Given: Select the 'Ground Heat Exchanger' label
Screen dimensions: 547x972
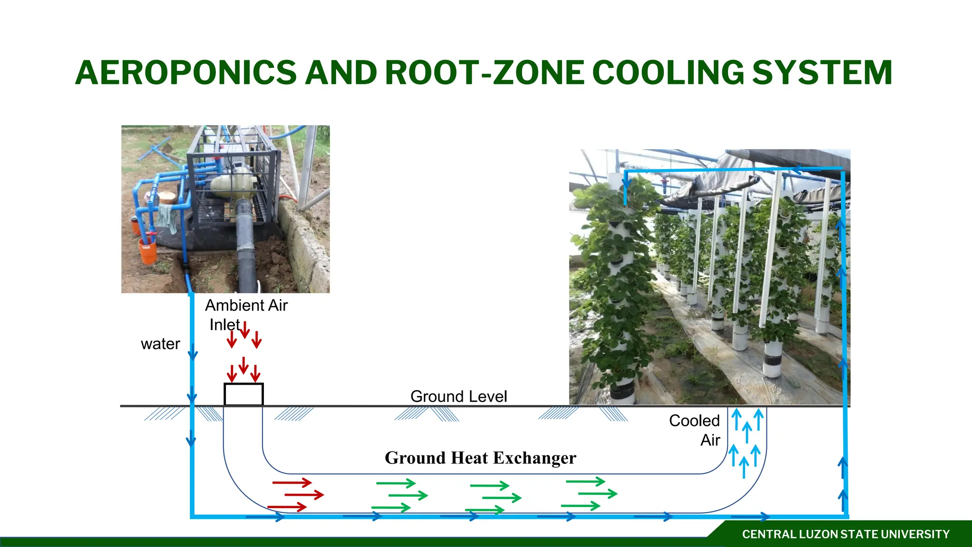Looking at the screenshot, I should point(480,458).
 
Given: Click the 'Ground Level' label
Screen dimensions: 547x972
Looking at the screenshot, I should point(458,396).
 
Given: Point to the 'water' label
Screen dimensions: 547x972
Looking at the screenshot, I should point(160,344).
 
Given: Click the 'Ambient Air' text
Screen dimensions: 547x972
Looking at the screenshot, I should point(246,305).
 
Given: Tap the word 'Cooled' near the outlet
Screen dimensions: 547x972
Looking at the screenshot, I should point(694,421).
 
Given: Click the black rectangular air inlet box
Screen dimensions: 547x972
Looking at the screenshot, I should point(243,394).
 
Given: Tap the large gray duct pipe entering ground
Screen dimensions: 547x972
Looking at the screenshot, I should point(247,256).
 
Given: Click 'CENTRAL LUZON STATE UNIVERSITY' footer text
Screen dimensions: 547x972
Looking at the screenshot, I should point(846,534).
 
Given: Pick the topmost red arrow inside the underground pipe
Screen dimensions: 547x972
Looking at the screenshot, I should point(292,483).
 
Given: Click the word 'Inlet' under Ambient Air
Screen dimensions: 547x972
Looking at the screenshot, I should point(225,325).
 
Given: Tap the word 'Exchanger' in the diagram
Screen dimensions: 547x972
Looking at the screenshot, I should point(535,458).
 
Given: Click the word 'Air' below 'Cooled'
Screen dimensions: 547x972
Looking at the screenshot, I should point(710,440).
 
